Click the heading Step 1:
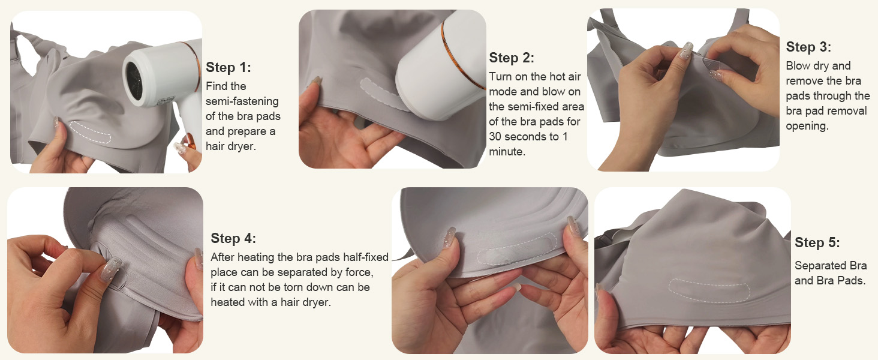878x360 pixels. tap(228, 67)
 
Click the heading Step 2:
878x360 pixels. tap(512, 58)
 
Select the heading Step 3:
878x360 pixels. tap(808, 47)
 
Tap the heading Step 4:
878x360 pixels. tap(233, 238)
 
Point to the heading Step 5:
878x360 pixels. tap(817, 243)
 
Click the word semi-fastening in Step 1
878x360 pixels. tap(242, 101)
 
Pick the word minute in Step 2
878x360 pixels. tap(506, 152)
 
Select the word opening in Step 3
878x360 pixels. tap(806, 126)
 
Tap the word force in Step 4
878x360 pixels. tap(358, 272)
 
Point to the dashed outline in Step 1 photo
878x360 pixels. tap(90, 133)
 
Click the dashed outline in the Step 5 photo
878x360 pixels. tap(709, 290)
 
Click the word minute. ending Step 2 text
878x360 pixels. tap(507, 152)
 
